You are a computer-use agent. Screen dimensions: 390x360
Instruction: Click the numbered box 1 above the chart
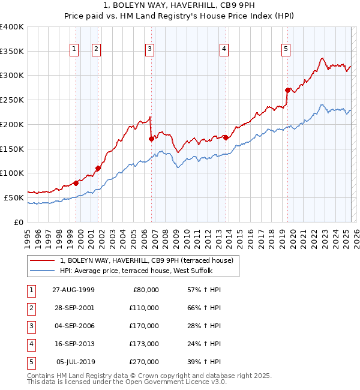click(x=74, y=50)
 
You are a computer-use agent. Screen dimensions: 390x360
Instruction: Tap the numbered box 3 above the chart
click(x=149, y=50)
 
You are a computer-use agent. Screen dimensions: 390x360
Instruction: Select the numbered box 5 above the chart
click(x=286, y=50)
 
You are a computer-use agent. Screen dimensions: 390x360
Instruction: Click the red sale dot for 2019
click(x=287, y=90)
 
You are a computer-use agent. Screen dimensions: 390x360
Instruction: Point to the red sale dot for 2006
click(x=151, y=139)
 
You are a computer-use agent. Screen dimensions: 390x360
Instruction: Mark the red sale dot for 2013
click(x=226, y=137)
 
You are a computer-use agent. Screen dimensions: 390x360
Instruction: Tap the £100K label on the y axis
click(x=12, y=173)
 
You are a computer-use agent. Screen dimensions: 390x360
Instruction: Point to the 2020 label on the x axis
click(x=294, y=233)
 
